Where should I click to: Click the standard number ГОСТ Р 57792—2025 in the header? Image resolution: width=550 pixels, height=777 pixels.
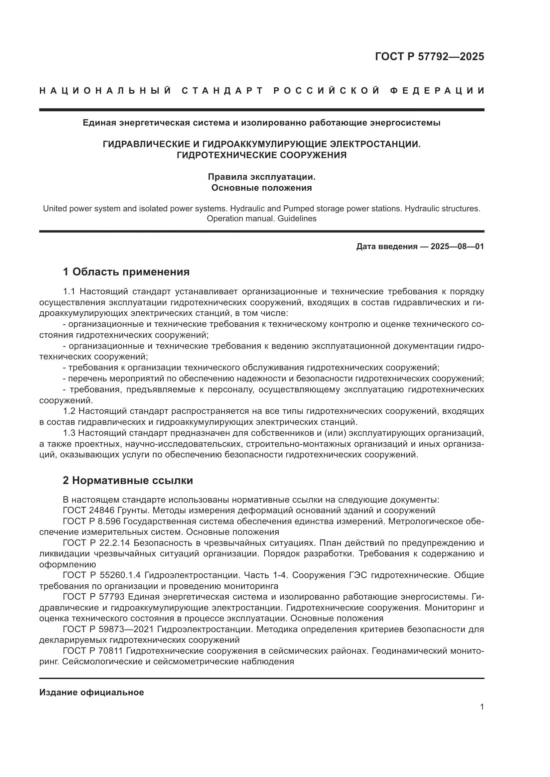coord(429,56)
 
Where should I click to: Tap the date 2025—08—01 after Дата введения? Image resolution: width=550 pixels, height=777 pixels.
coord(457,246)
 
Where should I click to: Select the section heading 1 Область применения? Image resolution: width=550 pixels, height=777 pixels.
coord(126,272)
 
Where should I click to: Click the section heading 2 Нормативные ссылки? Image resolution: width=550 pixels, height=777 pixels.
coord(128,481)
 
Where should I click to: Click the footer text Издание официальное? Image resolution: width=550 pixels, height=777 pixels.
coord(91,692)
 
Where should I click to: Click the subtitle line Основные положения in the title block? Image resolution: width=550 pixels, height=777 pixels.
coord(261,188)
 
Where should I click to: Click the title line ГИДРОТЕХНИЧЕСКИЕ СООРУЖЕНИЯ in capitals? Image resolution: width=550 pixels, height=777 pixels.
coord(261,155)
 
